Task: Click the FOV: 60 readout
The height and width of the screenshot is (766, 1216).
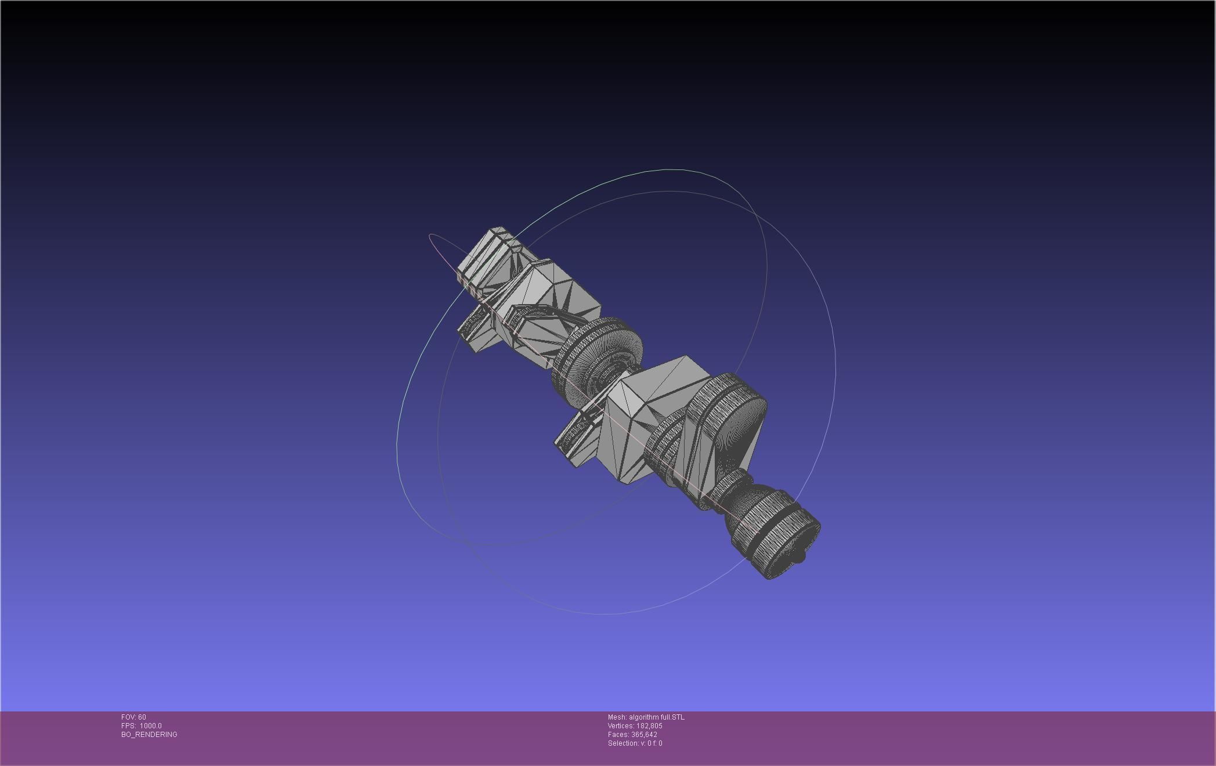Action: [x=133, y=717]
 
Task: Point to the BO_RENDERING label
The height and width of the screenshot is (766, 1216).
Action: [x=149, y=735]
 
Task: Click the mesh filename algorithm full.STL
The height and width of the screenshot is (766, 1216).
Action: [x=656, y=717]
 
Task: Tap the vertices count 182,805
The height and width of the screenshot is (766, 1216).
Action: [x=649, y=726]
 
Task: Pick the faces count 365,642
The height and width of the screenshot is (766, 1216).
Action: [x=644, y=735]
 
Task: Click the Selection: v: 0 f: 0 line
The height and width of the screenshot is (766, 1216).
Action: [x=635, y=743]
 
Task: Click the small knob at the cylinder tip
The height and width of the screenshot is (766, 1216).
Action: [x=799, y=558]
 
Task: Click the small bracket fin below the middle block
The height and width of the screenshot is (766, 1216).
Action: [x=574, y=441]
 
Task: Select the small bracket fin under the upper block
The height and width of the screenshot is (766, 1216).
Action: [x=476, y=331]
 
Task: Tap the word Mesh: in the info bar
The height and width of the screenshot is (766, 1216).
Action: [x=617, y=717]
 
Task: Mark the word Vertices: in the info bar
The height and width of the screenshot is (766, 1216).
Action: [x=621, y=726]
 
